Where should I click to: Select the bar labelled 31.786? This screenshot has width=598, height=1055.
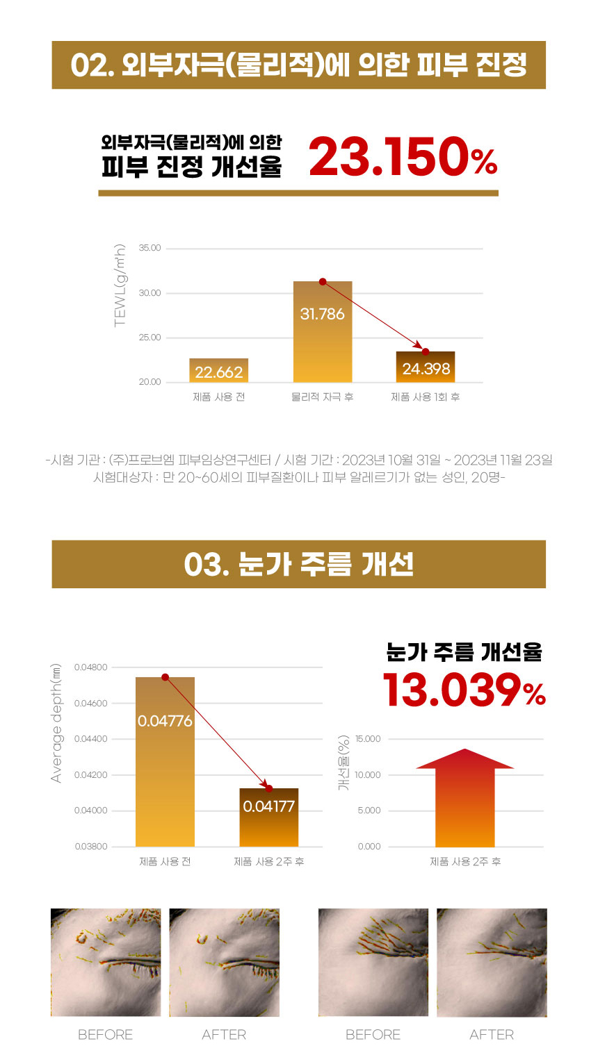point(323,331)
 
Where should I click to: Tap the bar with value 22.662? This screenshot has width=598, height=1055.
point(219,371)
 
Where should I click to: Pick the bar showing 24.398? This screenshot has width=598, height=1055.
point(426,367)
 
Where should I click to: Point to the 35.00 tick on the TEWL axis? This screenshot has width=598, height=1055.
point(149,248)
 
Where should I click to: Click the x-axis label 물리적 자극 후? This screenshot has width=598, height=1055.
point(322,397)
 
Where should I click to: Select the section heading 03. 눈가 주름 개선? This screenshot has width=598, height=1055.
point(298,564)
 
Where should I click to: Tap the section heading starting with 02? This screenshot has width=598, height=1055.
point(298,65)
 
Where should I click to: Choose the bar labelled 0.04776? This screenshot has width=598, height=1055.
point(165,761)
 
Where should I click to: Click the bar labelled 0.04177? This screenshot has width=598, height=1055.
point(269,817)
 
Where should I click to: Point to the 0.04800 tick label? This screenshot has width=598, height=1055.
point(91,667)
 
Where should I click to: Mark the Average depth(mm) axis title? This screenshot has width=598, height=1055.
point(56,723)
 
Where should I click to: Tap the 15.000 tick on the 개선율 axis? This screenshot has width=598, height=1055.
point(368,739)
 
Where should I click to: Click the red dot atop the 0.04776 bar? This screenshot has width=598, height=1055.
point(165,677)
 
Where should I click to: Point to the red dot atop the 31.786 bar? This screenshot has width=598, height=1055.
point(323,281)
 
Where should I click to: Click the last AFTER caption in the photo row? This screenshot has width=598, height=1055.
point(492,1035)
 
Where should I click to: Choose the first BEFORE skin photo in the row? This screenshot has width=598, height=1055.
point(106,963)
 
